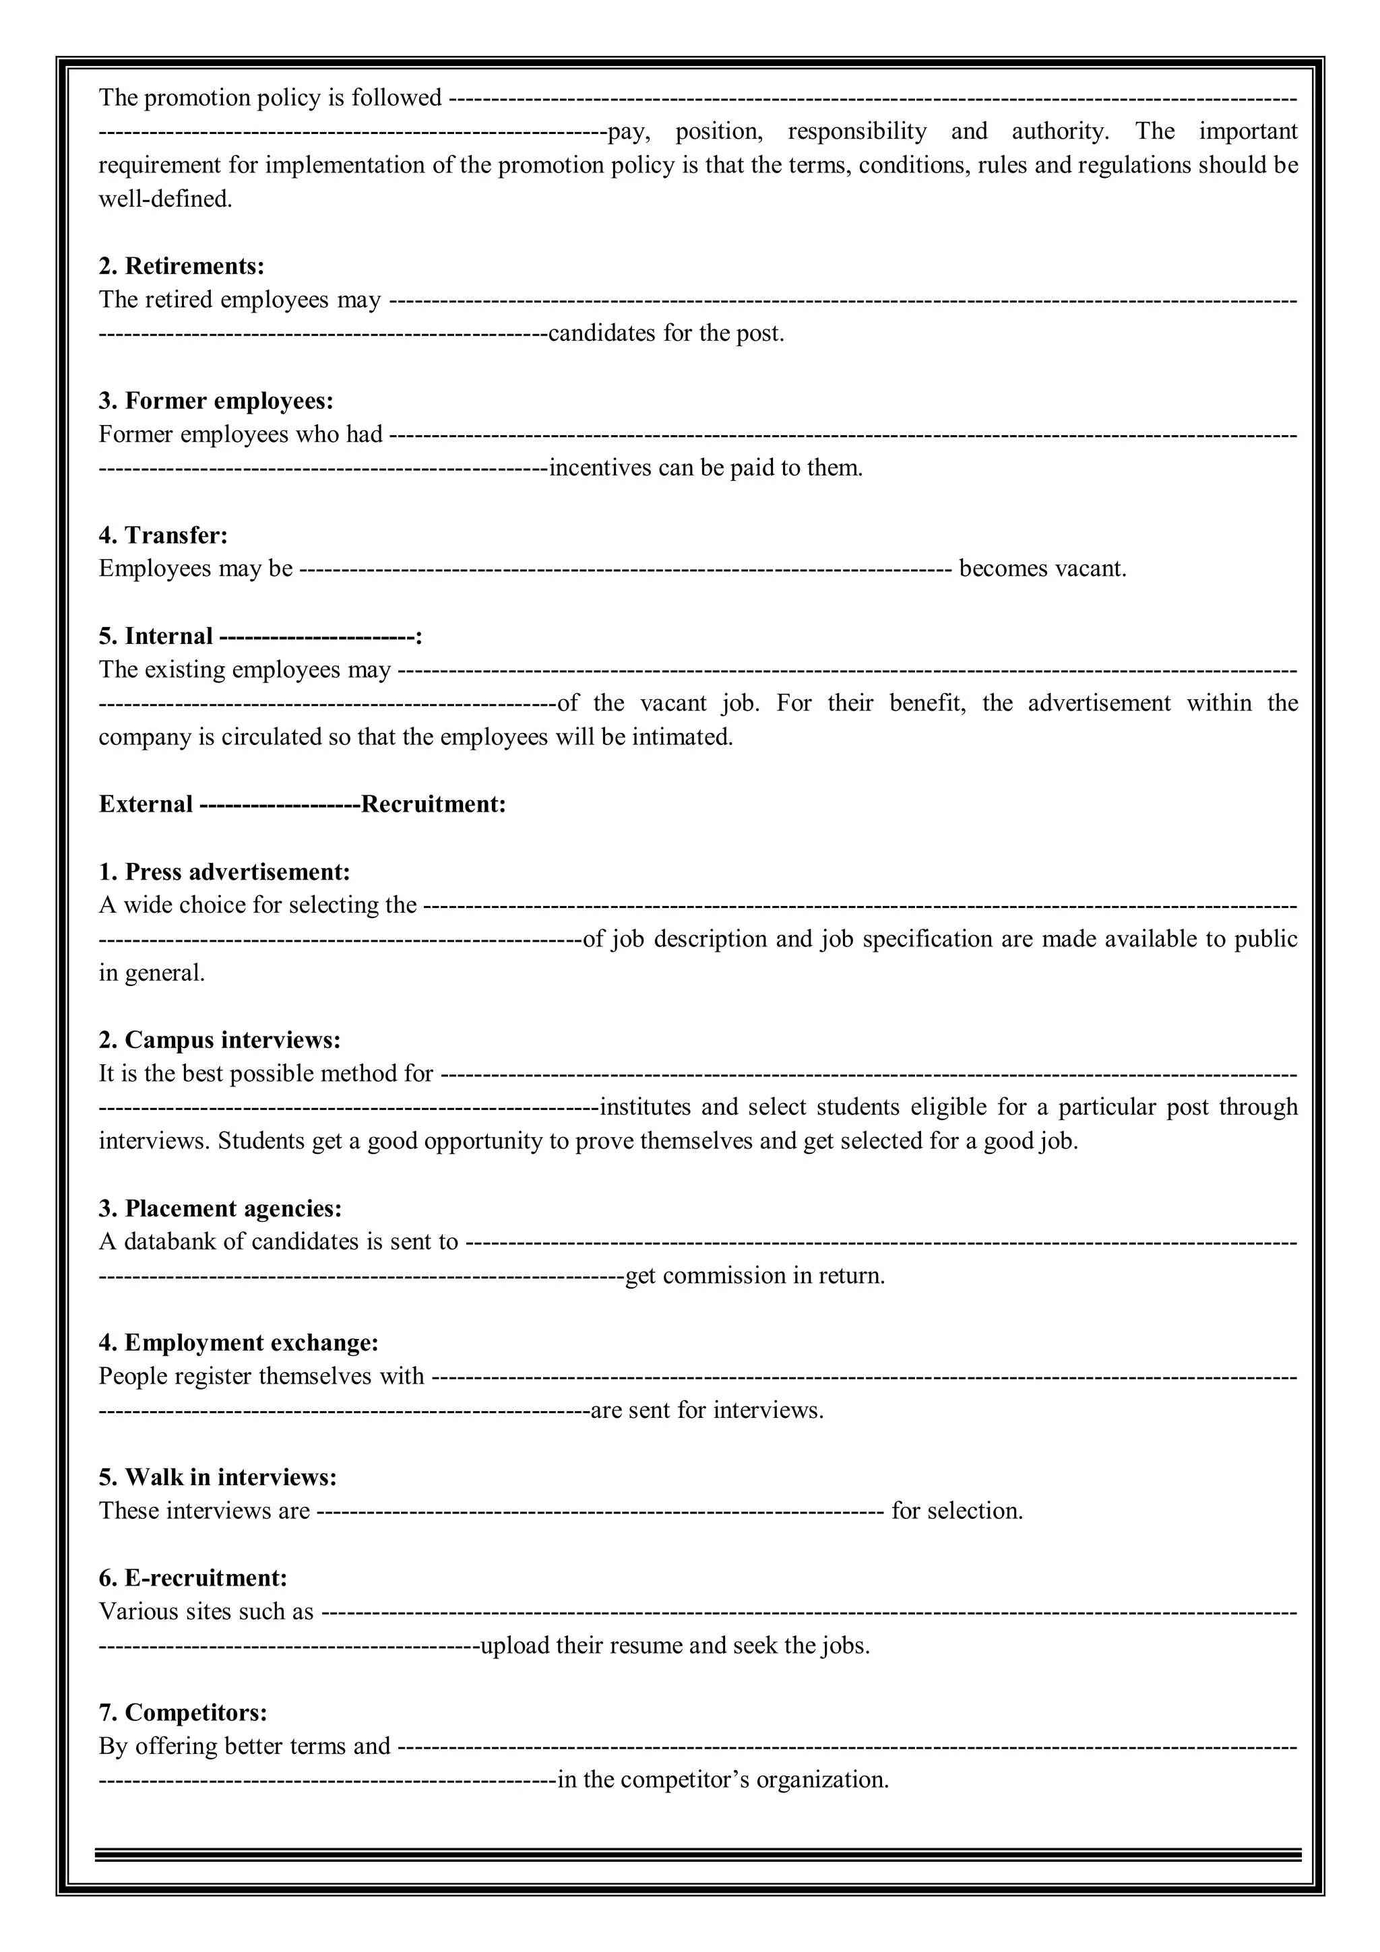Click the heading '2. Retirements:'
tap(181, 266)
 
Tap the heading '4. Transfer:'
tap(163, 535)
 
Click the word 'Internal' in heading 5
tap(168, 636)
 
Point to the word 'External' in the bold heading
tap(146, 804)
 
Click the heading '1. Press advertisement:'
tap(224, 872)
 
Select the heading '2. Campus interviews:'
tap(220, 1040)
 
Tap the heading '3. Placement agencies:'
tap(220, 1208)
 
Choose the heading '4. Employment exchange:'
tap(238, 1342)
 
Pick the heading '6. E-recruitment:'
tap(193, 1578)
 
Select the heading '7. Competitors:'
tap(183, 1712)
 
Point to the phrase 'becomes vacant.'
tap(1042, 568)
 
